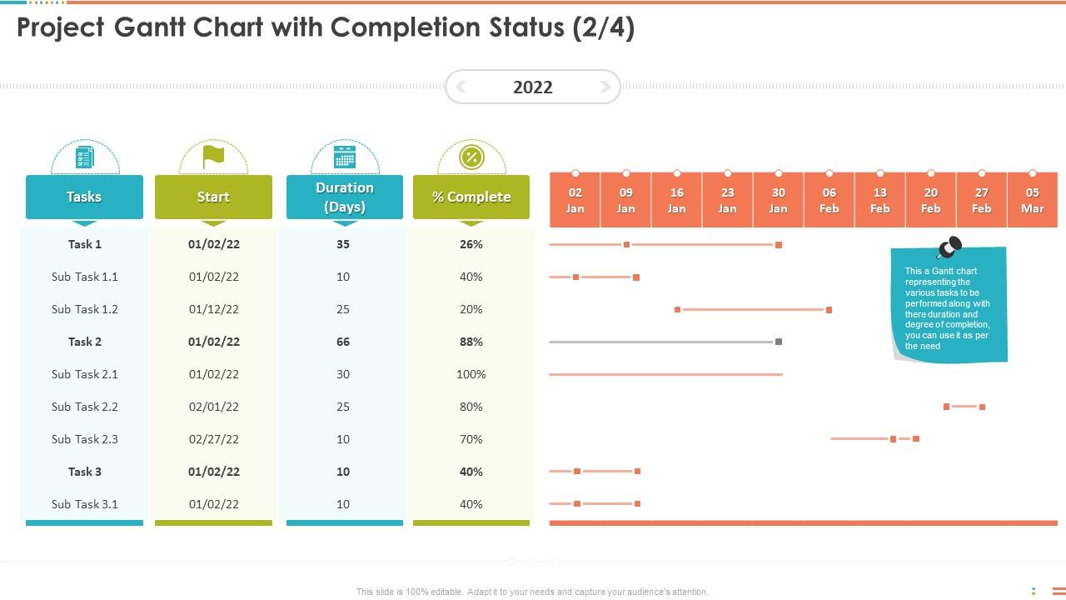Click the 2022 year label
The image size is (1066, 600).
click(x=533, y=87)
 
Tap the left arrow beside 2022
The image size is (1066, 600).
click(x=461, y=87)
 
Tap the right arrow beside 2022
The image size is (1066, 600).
click(x=605, y=87)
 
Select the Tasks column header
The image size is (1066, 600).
click(x=84, y=197)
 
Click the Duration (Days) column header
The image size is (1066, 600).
click(x=344, y=197)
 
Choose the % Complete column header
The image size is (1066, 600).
click(x=471, y=197)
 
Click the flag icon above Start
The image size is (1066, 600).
click(x=214, y=155)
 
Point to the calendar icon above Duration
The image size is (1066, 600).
click(x=344, y=156)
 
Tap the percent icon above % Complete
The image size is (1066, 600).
click(x=471, y=157)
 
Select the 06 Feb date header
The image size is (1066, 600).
click(x=829, y=200)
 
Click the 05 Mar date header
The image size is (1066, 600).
click(x=1032, y=200)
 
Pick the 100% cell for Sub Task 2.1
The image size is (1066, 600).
click(x=471, y=374)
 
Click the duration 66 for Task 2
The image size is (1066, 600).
click(x=343, y=342)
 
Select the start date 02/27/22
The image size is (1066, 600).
click(x=214, y=439)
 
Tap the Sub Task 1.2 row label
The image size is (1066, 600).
click(x=85, y=309)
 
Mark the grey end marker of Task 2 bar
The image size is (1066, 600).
click(x=779, y=342)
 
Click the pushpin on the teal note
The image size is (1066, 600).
click(x=949, y=247)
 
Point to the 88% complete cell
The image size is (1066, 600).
click(x=471, y=342)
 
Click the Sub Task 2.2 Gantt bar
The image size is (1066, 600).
click(x=964, y=407)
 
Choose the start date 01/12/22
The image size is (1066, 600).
click(x=214, y=309)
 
